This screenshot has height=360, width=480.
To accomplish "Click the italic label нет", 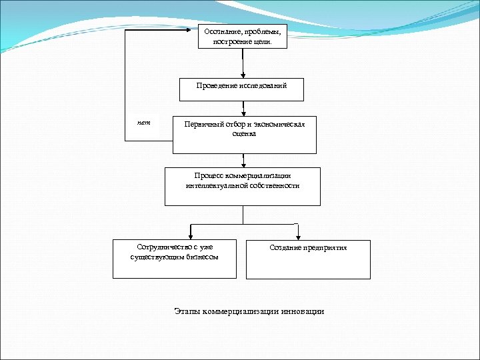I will [144, 123].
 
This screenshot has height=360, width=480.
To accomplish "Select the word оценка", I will [244, 133].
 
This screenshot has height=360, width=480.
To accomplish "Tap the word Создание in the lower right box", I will [285, 247].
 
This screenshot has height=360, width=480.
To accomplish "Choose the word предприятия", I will [326, 247].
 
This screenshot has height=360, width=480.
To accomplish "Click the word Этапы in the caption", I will [188, 311].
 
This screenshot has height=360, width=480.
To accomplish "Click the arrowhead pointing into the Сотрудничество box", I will [191, 235].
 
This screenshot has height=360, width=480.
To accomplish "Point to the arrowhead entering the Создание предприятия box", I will [298, 235].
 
